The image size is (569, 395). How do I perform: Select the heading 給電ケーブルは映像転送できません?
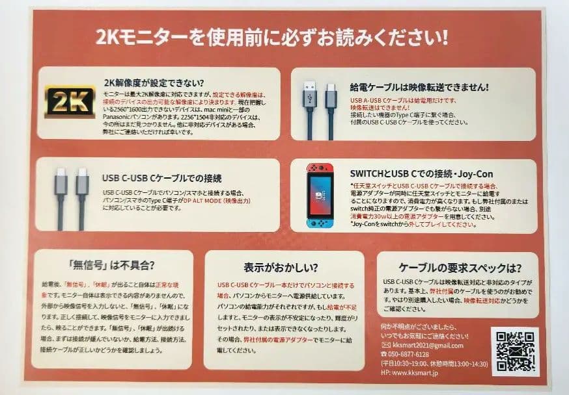coord(419,86)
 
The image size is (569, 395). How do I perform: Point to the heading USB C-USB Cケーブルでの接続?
coord(162,177)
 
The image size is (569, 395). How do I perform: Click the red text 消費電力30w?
coord(370,217)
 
